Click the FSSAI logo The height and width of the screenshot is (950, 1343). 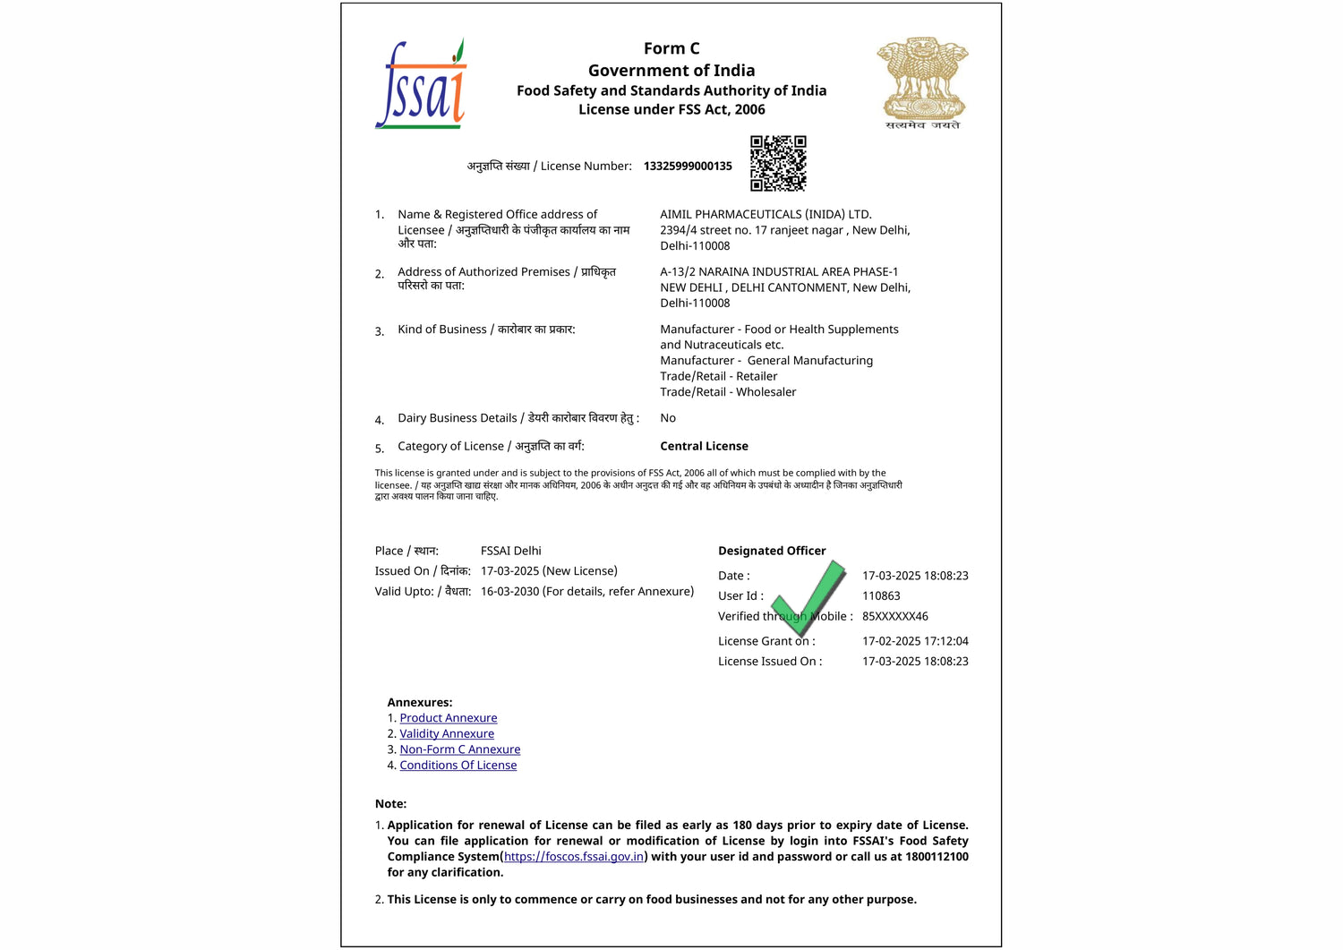pyautogui.click(x=421, y=85)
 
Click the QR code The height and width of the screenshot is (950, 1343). pyautogui.click(x=778, y=163)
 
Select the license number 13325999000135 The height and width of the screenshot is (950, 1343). pyautogui.click(x=688, y=166)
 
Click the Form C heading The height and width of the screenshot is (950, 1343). pyautogui.click(x=671, y=48)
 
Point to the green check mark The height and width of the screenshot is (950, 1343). pyautogui.click(x=810, y=597)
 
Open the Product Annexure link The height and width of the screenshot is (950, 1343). pyautogui.click(x=448, y=718)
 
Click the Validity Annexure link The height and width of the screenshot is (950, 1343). pyautogui.click(x=446, y=733)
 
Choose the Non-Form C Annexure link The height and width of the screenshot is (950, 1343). pyautogui.click(x=459, y=749)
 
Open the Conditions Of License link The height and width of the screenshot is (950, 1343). pyautogui.click(x=458, y=765)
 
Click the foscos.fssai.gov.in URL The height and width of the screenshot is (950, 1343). pyautogui.click(x=573, y=857)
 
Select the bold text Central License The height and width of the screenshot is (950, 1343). pyautogui.click(x=704, y=446)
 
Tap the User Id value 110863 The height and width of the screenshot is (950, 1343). pyautogui.click(x=881, y=595)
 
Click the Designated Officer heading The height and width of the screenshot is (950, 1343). pyautogui.click(x=772, y=551)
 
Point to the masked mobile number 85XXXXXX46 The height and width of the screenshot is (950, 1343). pyautogui.click(x=894, y=616)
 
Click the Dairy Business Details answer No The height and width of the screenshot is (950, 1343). pyautogui.click(x=668, y=418)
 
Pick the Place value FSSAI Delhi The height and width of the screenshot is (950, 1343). pyautogui.click(x=510, y=551)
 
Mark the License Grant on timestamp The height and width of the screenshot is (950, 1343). pyautogui.click(x=915, y=641)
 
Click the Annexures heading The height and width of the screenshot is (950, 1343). pyautogui.click(x=419, y=702)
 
